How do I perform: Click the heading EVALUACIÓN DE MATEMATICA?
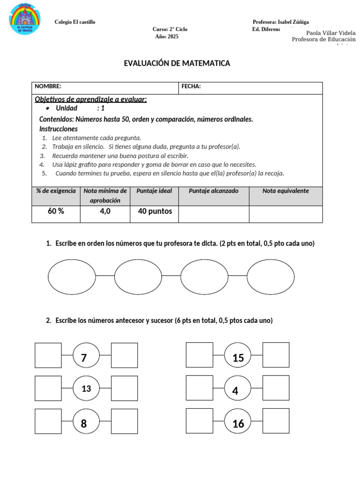point(177,63)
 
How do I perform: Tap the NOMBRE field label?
point(48,86)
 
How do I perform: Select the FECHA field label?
point(191,86)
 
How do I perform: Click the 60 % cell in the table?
point(56,211)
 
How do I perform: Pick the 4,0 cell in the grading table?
point(105,211)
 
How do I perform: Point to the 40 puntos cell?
point(155,211)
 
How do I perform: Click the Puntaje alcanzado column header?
point(213,191)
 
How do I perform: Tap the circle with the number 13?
point(86,389)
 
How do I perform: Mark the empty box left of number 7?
point(48,355)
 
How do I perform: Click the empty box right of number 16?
point(276,420)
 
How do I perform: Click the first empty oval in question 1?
point(71,277)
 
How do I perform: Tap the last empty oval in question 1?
point(270,277)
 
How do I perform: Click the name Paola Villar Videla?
point(330,33)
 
